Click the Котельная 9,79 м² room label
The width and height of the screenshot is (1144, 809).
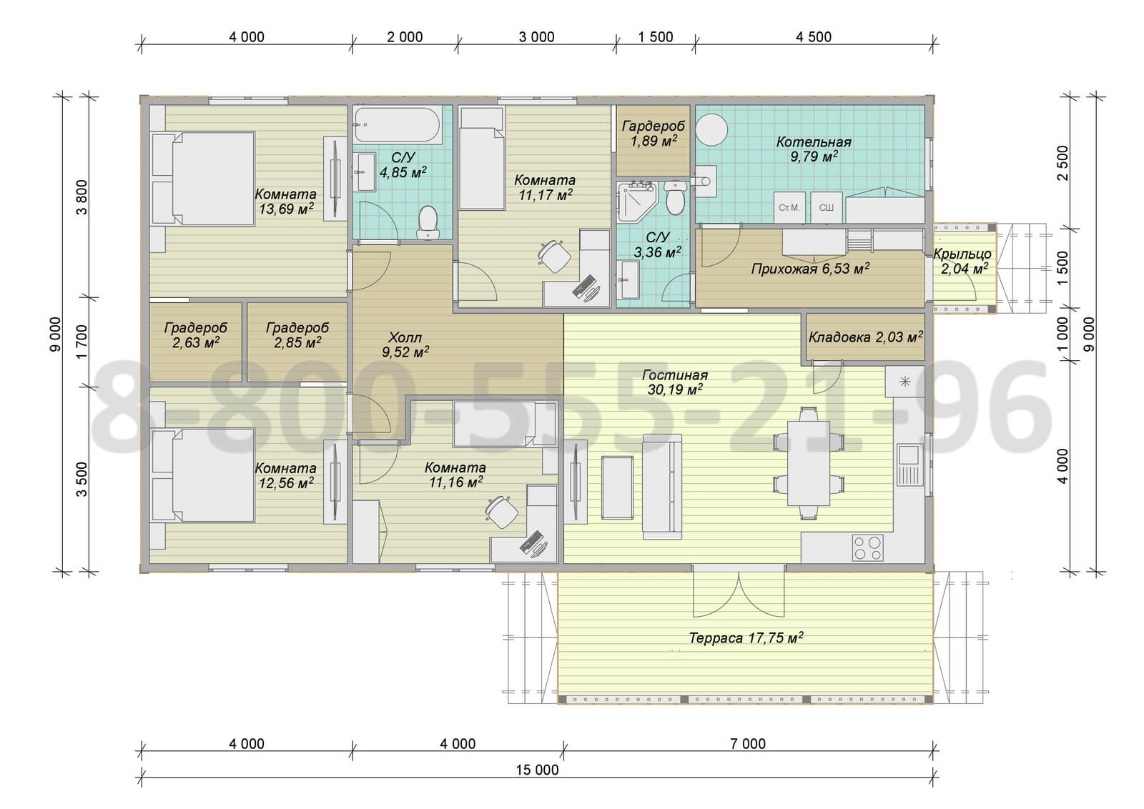(x=814, y=149)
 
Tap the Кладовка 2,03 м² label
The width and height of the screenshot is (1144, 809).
(x=866, y=337)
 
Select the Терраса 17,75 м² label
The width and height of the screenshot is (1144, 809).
(x=746, y=637)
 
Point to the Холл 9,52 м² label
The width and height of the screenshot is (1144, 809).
(x=405, y=344)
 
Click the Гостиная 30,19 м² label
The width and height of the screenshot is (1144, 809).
(x=675, y=382)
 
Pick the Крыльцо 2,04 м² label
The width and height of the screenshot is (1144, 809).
(x=962, y=260)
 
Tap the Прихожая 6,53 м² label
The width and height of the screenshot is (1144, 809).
(x=810, y=269)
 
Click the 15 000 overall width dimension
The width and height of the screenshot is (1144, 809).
(x=537, y=770)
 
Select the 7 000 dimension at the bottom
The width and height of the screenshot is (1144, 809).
(x=748, y=744)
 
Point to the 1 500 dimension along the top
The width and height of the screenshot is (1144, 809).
(x=655, y=36)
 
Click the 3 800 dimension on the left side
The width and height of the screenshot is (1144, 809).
(x=82, y=197)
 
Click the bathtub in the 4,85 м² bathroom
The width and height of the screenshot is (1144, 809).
(x=398, y=124)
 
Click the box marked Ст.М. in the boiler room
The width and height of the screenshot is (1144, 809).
(x=789, y=207)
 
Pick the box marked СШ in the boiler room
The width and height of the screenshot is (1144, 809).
(x=827, y=207)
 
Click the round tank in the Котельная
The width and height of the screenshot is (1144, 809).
(x=711, y=129)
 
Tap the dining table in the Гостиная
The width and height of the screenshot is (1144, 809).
(x=809, y=462)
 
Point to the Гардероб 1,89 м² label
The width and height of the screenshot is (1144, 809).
(x=654, y=133)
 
